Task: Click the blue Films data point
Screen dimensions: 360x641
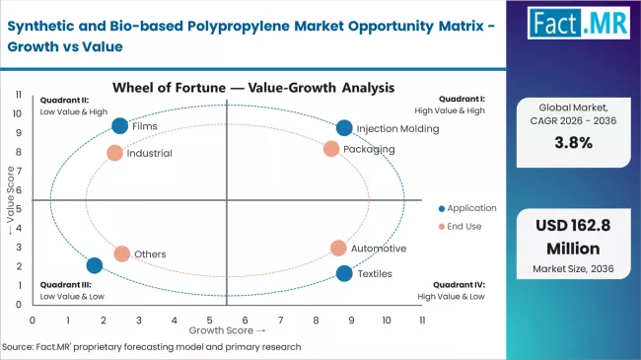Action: coord(120,125)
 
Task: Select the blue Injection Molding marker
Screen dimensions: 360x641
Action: coord(343,128)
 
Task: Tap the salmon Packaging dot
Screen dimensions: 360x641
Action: coord(331,149)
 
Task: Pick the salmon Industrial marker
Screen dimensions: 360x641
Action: coord(114,153)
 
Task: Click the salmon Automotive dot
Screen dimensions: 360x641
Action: coord(338,249)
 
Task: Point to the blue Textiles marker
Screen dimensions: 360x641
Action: coord(343,273)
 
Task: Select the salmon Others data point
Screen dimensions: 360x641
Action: coord(121,253)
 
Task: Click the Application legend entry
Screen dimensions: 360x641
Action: coord(468,208)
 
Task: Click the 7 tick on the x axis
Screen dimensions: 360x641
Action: coord(281,320)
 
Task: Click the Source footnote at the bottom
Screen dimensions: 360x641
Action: coord(152,347)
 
